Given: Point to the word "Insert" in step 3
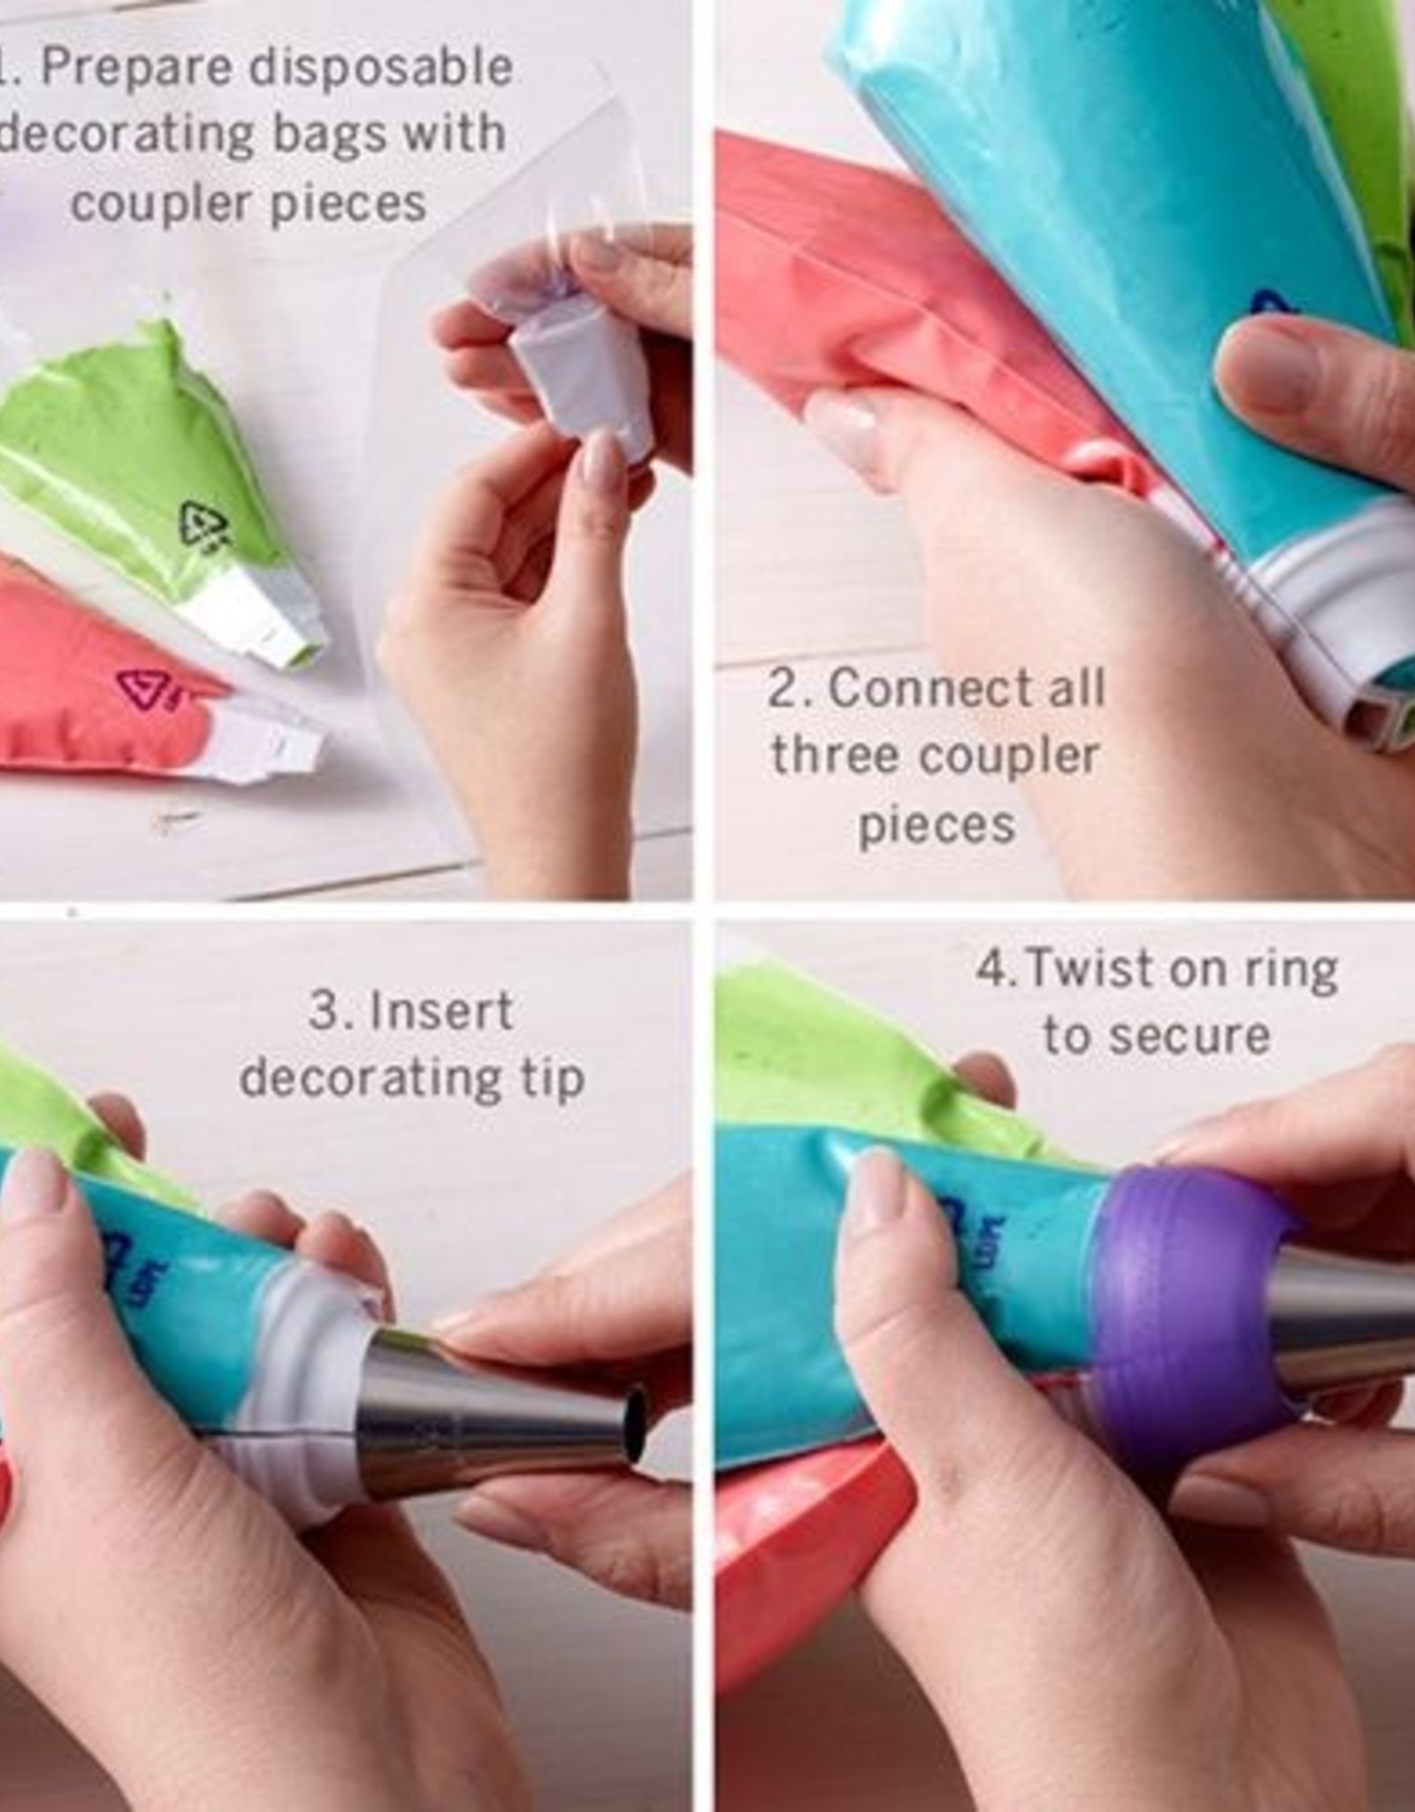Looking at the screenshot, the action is pyautogui.click(x=439, y=1010).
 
